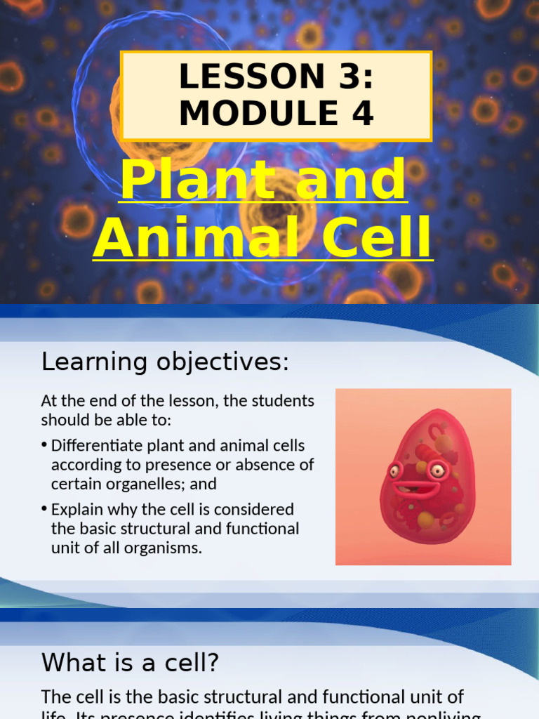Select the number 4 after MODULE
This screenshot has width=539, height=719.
pos(361,114)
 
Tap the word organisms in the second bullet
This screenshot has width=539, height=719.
pos(164,548)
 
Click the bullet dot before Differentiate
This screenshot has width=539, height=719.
pos(44,445)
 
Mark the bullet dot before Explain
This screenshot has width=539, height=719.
pos(44,509)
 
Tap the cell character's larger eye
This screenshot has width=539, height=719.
pos(439,470)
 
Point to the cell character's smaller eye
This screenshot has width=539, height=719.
pos(394,470)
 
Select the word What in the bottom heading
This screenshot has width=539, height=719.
pos(69,662)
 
